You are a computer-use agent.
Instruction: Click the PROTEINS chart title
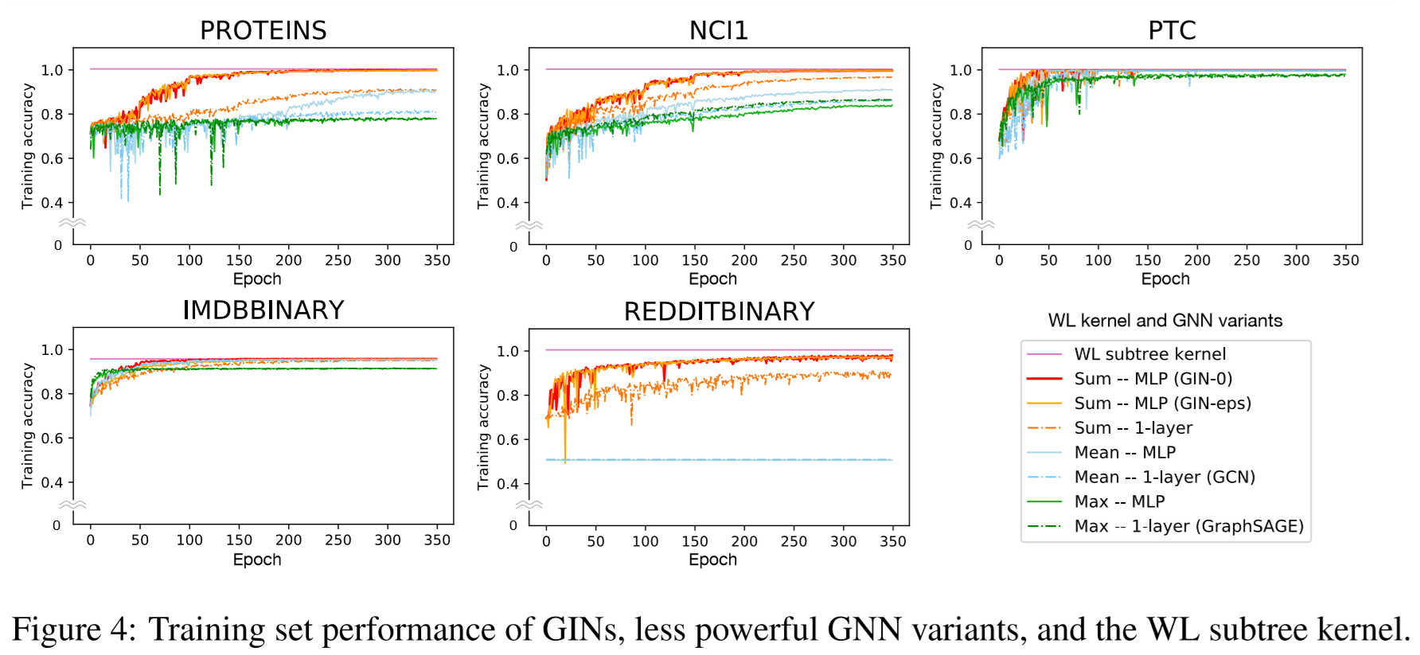pyautogui.click(x=263, y=30)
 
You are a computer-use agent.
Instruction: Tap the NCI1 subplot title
pyautogui.click(x=718, y=30)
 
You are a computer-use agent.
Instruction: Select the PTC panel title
pyautogui.click(x=1172, y=30)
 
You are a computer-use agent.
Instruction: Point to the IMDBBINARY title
pyautogui.click(x=263, y=310)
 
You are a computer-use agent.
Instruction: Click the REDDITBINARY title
pyautogui.click(x=719, y=311)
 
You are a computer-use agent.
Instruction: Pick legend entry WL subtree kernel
pyautogui.click(x=1149, y=354)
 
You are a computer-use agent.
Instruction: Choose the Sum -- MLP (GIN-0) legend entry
pyautogui.click(x=1153, y=379)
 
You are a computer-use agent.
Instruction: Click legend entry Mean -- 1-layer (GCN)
pyautogui.click(x=1164, y=478)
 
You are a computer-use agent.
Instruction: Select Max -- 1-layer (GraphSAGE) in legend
pyautogui.click(x=1188, y=526)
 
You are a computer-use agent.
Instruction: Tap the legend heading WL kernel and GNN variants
pyautogui.click(x=1164, y=321)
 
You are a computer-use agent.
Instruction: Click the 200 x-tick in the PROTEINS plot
pyautogui.click(x=288, y=260)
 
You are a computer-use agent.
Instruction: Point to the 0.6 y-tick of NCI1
pyautogui.click(x=507, y=158)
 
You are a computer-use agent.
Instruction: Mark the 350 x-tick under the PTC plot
pyautogui.click(x=1345, y=260)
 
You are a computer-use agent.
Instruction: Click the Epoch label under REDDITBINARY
pyautogui.click(x=712, y=559)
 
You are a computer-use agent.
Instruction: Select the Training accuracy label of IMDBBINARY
pyautogui.click(x=28, y=426)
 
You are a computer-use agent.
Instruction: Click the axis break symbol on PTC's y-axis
pyautogui.click(x=981, y=224)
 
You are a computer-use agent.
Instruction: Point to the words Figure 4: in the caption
pyautogui.click(x=74, y=629)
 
